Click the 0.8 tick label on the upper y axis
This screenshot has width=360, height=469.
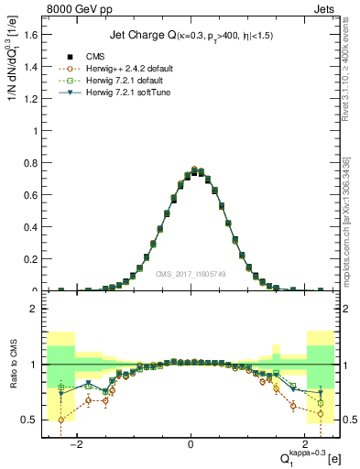(x=33, y=162)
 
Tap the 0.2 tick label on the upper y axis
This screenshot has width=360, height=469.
(x=33, y=259)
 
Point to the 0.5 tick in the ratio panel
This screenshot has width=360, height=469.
(x=33, y=420)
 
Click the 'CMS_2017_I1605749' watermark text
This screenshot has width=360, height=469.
(x=191, y=274)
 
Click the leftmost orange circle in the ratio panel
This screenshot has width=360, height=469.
(x=61, y=420)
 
